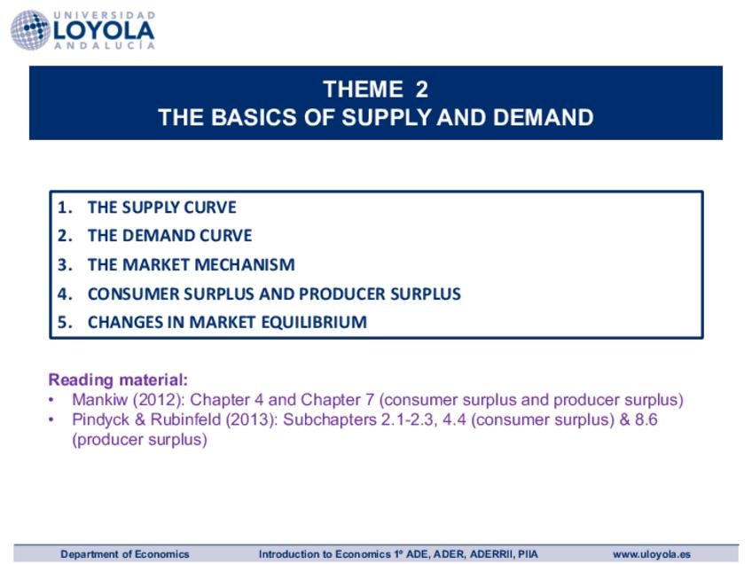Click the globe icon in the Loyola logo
pyautogui.click(x=30, y=30)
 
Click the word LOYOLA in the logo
pyautogui.click(x=104, y=31)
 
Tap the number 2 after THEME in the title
pyautogui.click(x=422, y=90)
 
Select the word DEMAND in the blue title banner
pyautogui.click(x=543, y=117)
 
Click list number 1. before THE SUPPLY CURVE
pyautogui.click(x=65, y=208)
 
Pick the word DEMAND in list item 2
pyautogui.click(x=158, y=236)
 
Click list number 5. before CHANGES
pyautogui.click(x=65, y=322)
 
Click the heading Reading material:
pyautogui.click(x=118, y=380)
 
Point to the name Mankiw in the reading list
pyautogui.click(x=100, y=400)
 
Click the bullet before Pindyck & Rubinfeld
pyautogui.click(x=51, y=419)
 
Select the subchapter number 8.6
pyautogui.click(x=646, y=419)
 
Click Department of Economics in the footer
pyautogui.click(x=125, y=554)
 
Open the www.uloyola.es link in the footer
pyautogui.click(x=652, y=554)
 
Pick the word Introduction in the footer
pyautogui.click(x=290, y=554)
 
